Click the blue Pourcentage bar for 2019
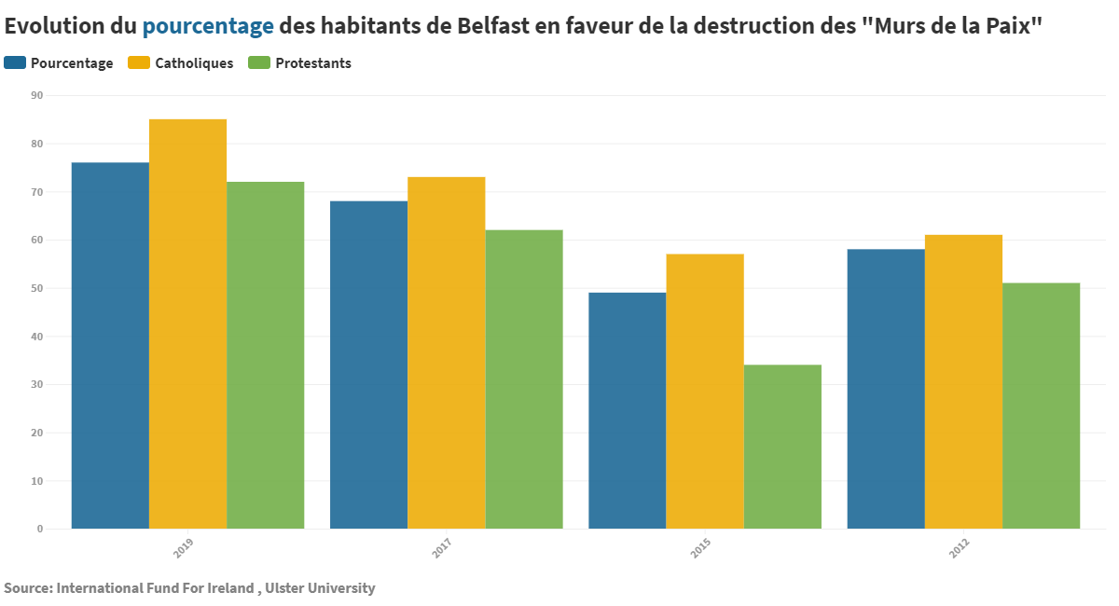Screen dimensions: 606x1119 click(x=110, y=345)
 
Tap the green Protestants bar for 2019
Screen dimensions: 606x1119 click(x=265, y=355)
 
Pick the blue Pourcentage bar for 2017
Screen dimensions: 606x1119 click(x=368, y=365)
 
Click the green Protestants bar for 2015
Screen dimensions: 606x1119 click(x=782, y=447)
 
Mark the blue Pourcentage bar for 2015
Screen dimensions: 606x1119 click(x=627, y=410)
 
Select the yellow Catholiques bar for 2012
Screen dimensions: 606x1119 click(x=963, y=381)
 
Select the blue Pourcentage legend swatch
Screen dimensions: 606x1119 click(x=15, y=63)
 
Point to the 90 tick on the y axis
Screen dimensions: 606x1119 click(x=37, y=95)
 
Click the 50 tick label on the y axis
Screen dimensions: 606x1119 click(x=37, y=288)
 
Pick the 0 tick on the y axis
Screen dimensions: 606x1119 click(x=40, y=529)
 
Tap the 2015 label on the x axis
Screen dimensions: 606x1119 click(x=700, y=549)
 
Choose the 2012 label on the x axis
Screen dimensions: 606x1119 click(x=960, y=549)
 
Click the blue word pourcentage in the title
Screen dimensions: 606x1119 click(x=208, y=26)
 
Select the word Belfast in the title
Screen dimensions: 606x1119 click(x=494, y=26)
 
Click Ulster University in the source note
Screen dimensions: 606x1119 click(x=320, y=588)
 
